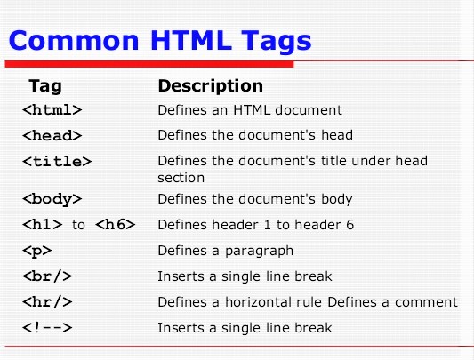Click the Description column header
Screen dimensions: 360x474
click(x=210, y=86)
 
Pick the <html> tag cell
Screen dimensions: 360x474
click(x=52, y=111)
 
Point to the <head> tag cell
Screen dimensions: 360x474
click(x=52, y=136)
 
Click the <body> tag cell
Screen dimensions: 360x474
click(x=52, y=199)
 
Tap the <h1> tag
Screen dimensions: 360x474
click(x=41, y=225)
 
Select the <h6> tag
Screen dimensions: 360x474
click(x=115, y=225)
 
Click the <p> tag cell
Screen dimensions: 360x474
click(x=37, y=251)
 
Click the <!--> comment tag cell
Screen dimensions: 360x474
click(x=46, y=328)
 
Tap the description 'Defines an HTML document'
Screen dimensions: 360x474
click(x=250, y=111)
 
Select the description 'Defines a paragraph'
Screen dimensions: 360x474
click(x=225, y=251)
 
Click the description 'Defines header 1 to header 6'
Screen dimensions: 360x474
click(x=255, y=225)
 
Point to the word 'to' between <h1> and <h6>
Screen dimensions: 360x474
click(x=78, y=226)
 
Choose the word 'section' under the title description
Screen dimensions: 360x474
click(x=181, y=178)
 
